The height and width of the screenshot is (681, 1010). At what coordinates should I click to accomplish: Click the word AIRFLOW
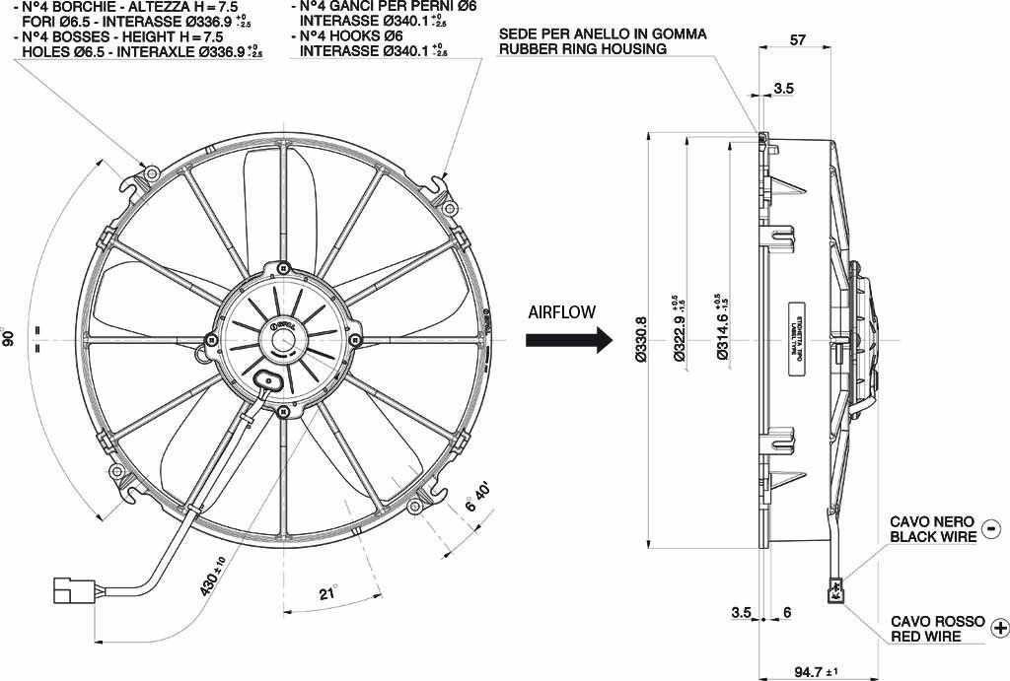click(x=562, y=312)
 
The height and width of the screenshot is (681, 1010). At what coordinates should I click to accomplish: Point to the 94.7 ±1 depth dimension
click(x=815, y=672)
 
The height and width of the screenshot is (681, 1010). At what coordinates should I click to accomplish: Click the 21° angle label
click(x=327, y=593)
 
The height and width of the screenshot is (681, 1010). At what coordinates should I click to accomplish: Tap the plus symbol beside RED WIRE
click(x=1001, y=628)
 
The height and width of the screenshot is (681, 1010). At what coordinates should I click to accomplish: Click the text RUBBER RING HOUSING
click(x=582, y=48)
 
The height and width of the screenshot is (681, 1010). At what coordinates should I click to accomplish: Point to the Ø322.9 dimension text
click(x=680, y=341)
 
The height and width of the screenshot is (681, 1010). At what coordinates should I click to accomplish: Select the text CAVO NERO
click(x=932, y=521)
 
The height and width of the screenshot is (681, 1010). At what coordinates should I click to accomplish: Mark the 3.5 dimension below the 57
click(x=783, y=89)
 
